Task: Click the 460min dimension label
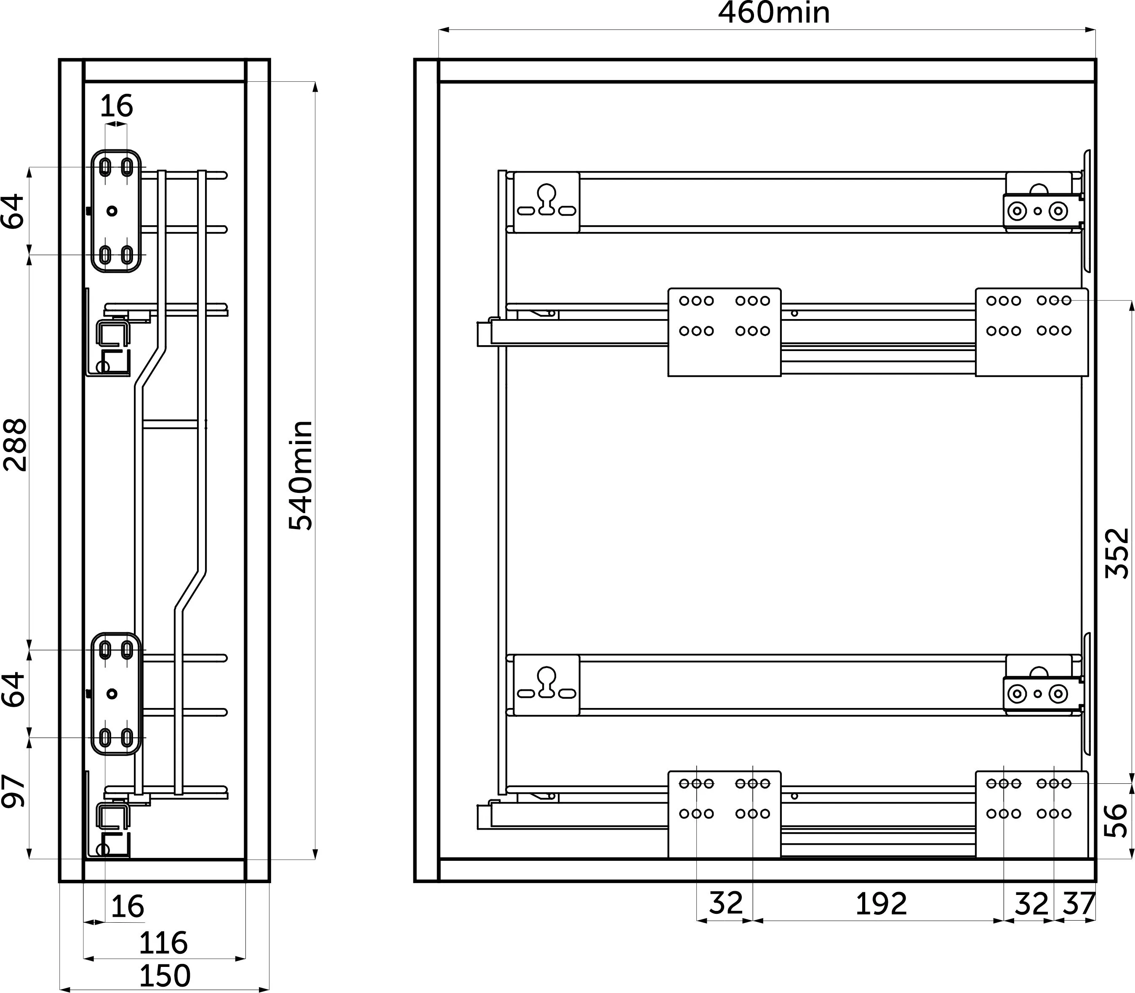774,13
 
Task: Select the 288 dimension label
15,445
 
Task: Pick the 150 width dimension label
165,976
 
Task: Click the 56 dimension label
1116,820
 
